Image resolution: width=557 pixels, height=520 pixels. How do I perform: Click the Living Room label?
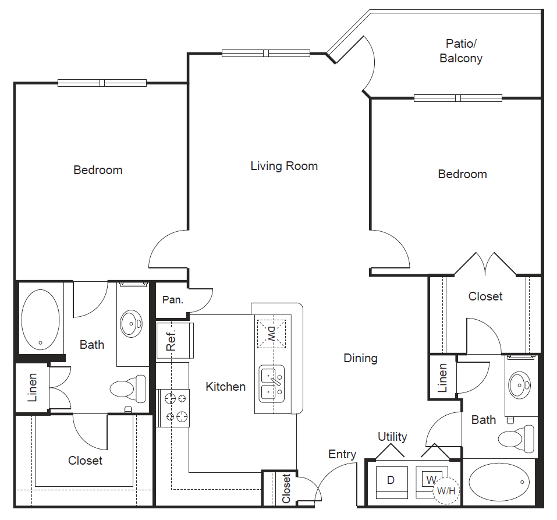pos(284,166)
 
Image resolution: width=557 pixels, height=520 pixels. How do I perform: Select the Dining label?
pos(360,358)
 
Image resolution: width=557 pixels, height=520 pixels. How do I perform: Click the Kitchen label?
pos(225,387)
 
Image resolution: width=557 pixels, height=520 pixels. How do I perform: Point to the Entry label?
pos(342,454)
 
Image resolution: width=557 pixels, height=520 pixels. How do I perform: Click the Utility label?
pos(392,437)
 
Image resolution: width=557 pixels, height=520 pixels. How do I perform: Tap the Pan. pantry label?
pos(173,300)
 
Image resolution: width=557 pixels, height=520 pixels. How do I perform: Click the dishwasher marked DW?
pos(272,334)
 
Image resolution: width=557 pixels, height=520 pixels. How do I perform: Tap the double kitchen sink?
pos(271,384)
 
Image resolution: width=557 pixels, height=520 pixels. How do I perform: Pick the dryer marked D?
pos(391,480)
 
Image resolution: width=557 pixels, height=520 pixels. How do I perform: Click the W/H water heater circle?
pos(445,490)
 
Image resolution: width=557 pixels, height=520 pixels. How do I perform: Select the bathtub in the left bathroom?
pos(40,319)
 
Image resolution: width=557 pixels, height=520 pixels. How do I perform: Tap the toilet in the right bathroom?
pos(517,438)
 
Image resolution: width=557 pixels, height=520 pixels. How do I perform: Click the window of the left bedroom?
pos(102,83)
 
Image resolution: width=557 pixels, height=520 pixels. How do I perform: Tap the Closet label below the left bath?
pos(85,461)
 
